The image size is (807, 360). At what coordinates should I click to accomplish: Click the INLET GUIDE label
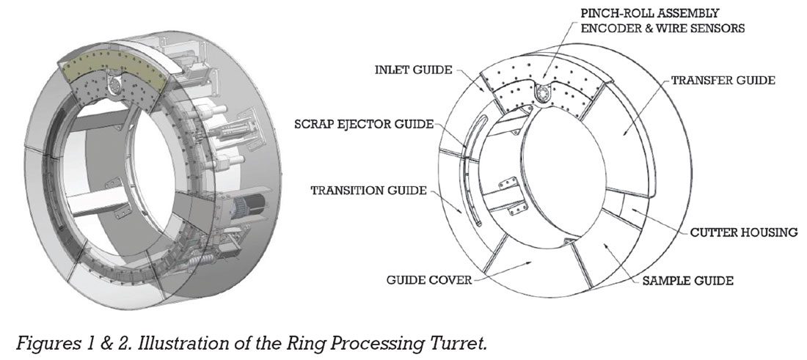pos(412,70)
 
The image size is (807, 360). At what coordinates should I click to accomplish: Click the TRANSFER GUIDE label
pos(723,81)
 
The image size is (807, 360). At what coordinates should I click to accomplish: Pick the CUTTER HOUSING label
pos(744,233)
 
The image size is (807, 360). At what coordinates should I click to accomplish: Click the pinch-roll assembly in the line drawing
pos(544,92)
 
